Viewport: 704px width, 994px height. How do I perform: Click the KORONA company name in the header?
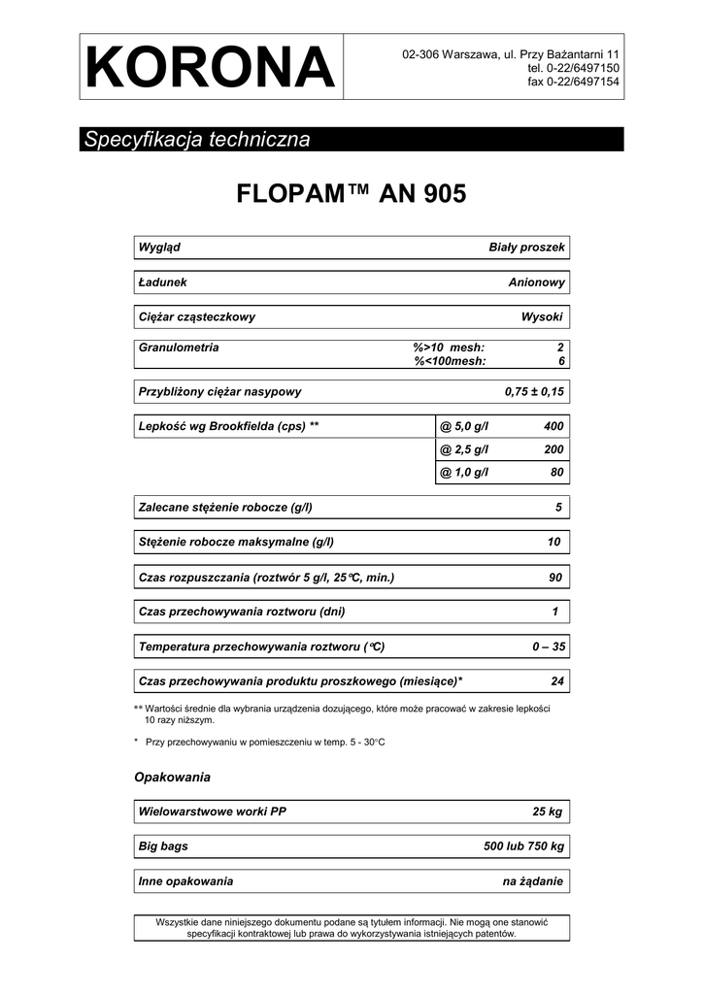coord(210,67)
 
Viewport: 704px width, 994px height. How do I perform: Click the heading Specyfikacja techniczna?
coord(197,139)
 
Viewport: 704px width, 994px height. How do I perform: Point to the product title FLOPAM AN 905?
coord(352,194)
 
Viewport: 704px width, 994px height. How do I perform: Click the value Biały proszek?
coord(525,248)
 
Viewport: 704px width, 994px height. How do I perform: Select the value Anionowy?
coord(536,282)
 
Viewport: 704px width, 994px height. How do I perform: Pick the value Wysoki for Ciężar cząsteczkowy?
coord(542,317)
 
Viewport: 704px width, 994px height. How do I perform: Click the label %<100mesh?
coord(450,361)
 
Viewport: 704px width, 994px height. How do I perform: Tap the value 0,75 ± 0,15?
coord(534,392)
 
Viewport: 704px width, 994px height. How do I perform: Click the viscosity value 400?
coord(553,427)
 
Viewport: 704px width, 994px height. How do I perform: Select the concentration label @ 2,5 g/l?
coord(464,450)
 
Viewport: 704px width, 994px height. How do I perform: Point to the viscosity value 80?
coord(556,474)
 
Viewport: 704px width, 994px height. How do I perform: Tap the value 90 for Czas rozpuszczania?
coord(555,579)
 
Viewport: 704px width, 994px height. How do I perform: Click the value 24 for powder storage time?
coord(556,681)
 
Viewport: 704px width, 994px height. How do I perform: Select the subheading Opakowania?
coord(172,778)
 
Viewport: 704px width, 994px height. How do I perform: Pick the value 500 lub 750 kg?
coord(523,846)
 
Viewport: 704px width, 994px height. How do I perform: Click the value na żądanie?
coord(532,881)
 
